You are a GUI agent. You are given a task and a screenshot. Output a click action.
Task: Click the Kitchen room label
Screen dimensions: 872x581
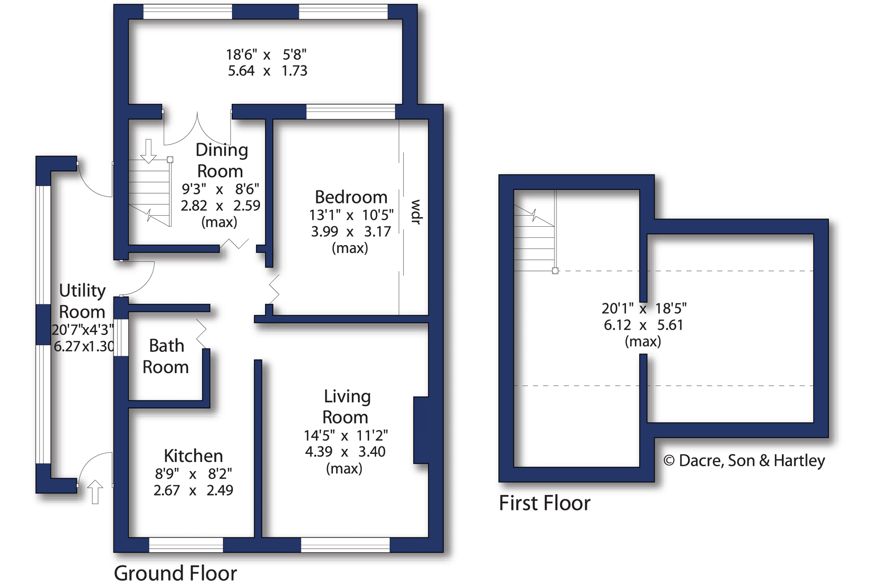click(193, 456)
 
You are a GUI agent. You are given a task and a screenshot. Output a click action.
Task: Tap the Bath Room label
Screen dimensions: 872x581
click(166, 356)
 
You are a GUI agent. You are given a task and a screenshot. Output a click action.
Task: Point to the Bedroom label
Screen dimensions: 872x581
click(351, 197)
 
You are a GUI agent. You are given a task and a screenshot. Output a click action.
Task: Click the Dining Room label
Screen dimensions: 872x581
click(221, 160)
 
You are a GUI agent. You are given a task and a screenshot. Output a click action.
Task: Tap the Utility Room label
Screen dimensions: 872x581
click(82, 301)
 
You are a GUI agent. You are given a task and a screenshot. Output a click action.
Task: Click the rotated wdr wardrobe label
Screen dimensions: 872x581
click(416, 212)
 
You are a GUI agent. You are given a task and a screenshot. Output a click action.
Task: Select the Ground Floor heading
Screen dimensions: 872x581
click(175, 572)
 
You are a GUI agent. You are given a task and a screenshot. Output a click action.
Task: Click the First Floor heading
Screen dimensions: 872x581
click(544, 503)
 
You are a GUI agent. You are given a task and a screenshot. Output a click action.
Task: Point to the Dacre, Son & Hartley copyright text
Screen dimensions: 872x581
click(744, 461)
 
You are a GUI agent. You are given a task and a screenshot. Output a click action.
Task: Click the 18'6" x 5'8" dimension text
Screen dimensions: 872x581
click(267, 55)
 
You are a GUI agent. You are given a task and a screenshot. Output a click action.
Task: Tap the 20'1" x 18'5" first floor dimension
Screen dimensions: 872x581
click(644, 308)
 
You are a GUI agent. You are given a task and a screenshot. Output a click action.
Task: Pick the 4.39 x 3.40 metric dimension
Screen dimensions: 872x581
click(345, 452)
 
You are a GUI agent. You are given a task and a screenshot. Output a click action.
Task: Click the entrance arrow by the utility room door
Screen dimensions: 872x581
click(95, 492)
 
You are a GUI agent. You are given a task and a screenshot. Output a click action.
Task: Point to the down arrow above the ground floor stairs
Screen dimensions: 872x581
click(148, 151)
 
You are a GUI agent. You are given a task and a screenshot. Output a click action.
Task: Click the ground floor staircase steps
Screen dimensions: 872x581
click(149, 193)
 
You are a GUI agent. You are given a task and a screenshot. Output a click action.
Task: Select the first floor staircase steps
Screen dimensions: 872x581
click(534, 238)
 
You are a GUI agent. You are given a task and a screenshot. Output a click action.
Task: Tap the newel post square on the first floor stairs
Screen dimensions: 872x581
click(555, 271)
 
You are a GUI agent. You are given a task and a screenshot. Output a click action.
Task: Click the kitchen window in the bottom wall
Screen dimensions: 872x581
click(186, 545)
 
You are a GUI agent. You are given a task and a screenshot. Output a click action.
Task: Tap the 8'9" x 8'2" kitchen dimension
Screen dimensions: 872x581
click(193, 474)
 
